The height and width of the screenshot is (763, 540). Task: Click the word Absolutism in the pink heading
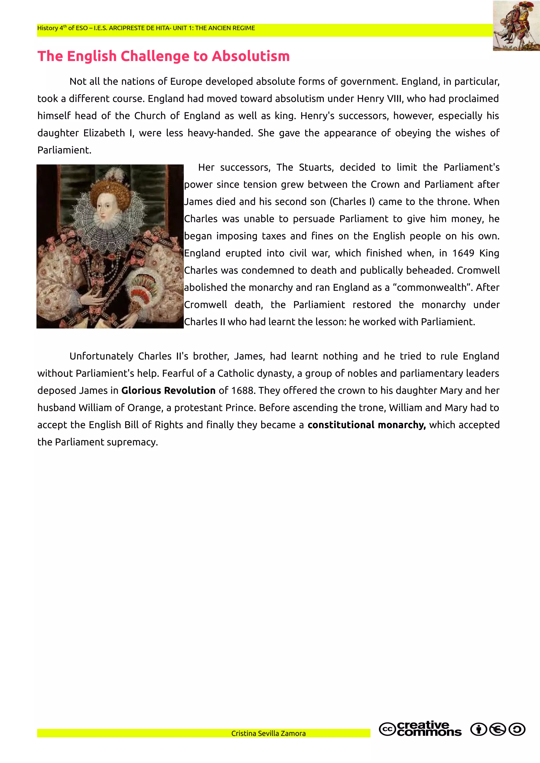(x=250, y=56)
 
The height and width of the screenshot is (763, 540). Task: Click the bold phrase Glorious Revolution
(x=168, y=390)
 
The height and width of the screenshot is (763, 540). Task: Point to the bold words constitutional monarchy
(x=366, y=425)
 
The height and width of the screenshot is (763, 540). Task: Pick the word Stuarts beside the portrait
(x=316, y=167)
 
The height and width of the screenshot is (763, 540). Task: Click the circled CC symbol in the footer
(x=387, y=730)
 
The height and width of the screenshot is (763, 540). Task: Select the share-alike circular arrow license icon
(x=517, y=730)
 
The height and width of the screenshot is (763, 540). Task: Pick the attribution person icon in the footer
(x=479, y=730)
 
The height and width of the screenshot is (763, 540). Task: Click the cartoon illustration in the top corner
(x=516, y=26)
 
